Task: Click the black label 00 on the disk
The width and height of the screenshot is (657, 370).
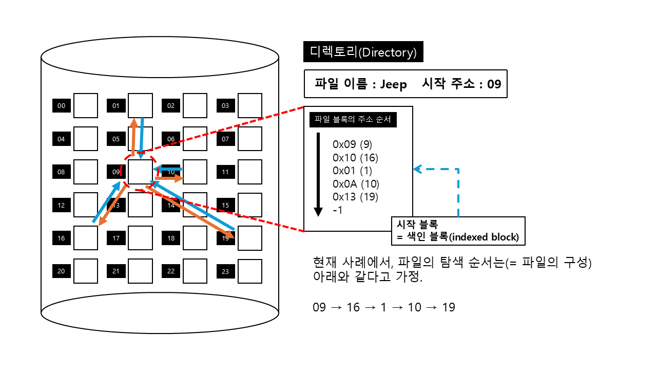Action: coord(62,106)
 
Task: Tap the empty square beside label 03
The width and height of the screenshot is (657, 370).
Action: coord(249,106)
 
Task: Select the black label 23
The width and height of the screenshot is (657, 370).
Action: coord(225,271)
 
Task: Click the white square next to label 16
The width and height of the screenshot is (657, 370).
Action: coord(85,238)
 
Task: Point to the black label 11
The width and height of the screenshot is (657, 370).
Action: coord(225,172)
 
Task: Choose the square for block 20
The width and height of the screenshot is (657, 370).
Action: coord(85,271)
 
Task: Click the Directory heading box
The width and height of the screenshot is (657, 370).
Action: coord(363,52)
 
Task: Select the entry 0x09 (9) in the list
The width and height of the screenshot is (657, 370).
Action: coord(352,144)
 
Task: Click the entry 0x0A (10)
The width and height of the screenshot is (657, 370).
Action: coord(356,183)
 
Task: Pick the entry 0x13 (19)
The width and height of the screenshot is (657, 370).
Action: coord(355,197)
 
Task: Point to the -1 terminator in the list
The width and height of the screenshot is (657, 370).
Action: coord(338,210)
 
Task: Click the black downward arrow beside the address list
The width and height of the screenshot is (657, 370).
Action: coord(318,175)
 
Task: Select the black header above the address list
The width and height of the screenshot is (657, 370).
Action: coord(352,120)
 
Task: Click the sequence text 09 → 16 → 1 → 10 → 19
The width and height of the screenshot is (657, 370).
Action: coord(384,307)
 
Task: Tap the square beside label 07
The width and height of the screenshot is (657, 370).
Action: coord(249,139)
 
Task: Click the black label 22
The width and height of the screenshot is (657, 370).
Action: coord(171,271)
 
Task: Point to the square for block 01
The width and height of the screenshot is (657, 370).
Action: coord(140,106)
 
